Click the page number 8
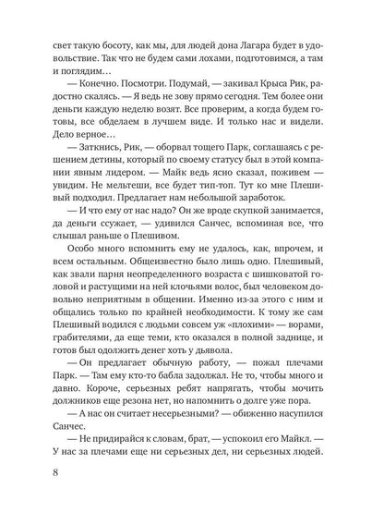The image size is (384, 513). [34, 476]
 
